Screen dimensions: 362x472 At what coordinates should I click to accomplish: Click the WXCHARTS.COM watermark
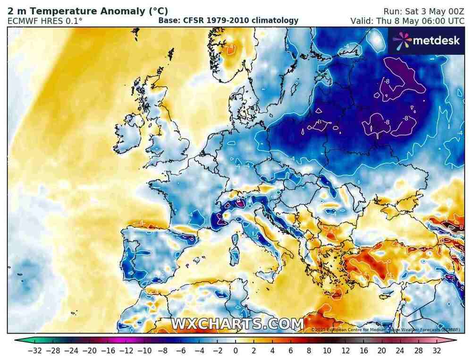click(237, 324)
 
